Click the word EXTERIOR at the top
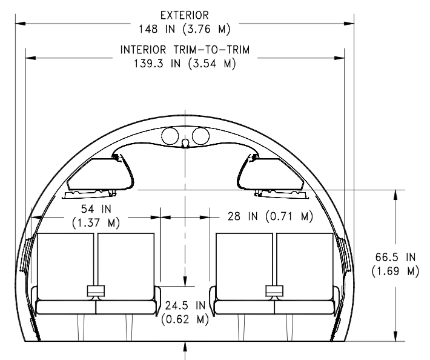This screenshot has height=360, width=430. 185,15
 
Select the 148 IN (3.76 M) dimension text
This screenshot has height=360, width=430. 185,29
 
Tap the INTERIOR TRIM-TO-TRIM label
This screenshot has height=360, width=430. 185,50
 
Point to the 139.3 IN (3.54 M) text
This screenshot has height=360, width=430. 185,64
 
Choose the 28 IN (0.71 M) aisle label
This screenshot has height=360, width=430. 270,216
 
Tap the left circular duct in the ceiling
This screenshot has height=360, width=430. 170,136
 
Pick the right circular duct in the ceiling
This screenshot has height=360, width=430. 200,136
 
